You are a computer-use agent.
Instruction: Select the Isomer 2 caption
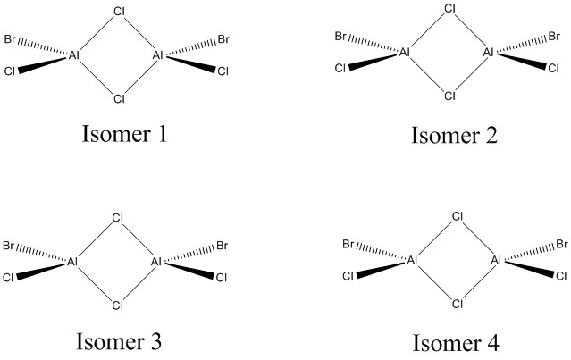point(454,136)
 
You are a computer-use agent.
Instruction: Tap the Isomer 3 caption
point(119,342)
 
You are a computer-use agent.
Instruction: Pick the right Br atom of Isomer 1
point(223,41)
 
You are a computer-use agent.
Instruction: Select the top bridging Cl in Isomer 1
point(119,13)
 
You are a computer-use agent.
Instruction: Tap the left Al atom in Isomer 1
point(75,56)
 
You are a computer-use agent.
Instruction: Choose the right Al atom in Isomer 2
point(489,53)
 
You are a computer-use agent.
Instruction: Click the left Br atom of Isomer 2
point(341,37)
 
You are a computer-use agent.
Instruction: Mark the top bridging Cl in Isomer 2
point(450,11)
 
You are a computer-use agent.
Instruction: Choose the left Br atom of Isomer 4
point(350,244)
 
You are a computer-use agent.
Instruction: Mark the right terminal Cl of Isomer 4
point(561,275)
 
